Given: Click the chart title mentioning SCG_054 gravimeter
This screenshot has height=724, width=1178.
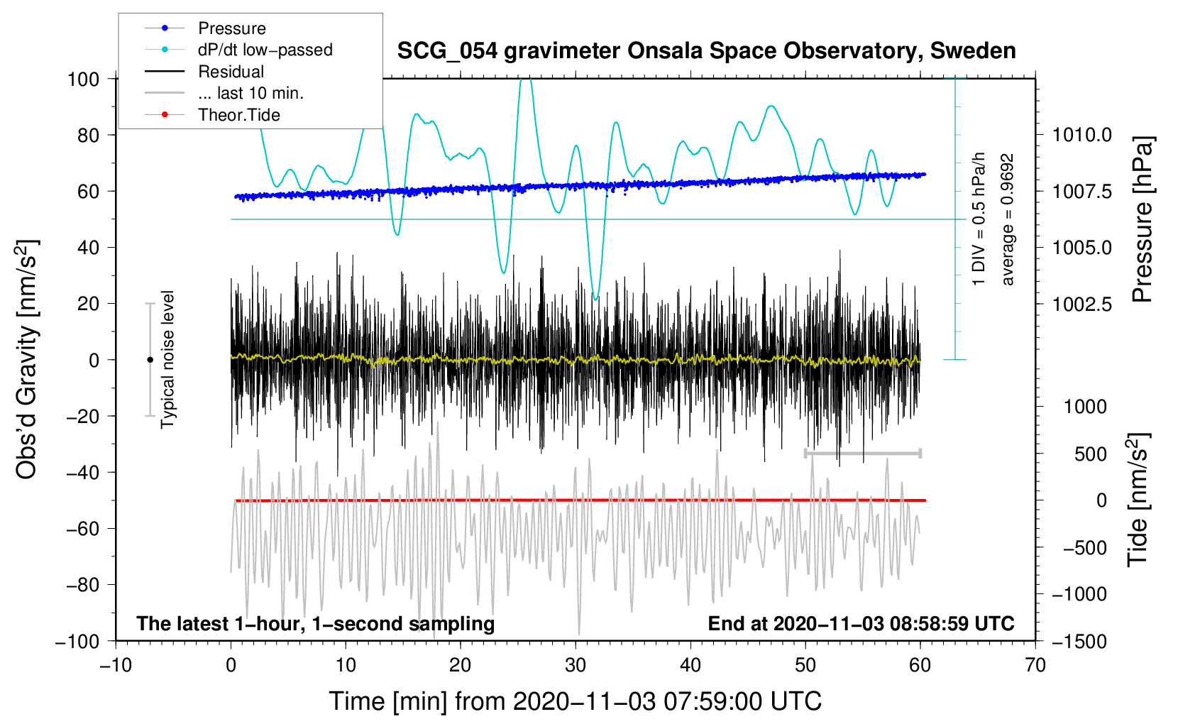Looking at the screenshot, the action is coord(706,51).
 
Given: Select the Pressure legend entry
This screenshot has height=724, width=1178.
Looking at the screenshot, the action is coord(205,28).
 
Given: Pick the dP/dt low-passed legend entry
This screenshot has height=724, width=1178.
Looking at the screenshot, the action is coord(238,50).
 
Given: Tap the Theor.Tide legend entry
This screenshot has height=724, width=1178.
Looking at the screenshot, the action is coord(212,115).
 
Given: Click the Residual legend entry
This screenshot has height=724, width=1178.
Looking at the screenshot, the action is coord(204,72).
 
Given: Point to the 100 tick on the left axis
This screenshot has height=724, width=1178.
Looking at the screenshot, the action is coord(84,79).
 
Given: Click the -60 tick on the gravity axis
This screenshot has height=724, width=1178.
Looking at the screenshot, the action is coord(83,529).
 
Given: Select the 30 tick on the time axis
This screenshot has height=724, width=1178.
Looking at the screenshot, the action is coord(576,666).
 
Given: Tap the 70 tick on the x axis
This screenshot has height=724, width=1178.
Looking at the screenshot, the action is coord(1035,666).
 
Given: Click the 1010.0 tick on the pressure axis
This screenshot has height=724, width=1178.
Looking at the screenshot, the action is coord(1081,136).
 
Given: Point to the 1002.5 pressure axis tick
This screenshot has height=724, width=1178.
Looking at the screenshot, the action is coord(1081,304).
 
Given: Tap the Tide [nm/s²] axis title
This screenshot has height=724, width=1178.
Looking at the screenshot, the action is coord(1139,500).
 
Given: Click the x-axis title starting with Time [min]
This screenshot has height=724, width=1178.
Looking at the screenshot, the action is coord(576,702).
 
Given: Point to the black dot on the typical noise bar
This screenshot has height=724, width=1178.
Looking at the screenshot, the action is coord(150,360).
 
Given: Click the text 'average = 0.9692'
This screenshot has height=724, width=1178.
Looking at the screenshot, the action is coord(1007,219).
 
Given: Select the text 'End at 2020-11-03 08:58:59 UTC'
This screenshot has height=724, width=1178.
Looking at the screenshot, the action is coord(861,623).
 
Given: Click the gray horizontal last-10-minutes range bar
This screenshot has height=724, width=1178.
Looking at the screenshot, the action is coord(862,453).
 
